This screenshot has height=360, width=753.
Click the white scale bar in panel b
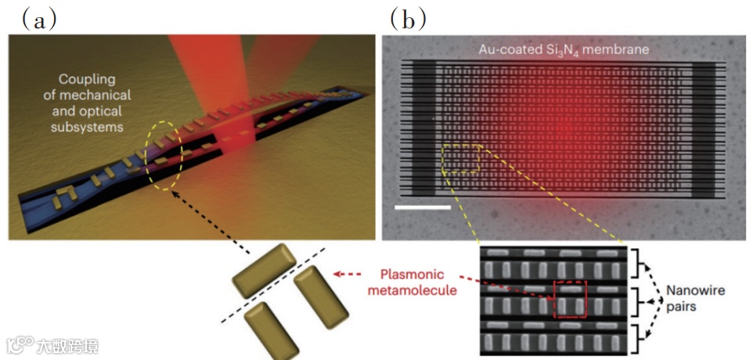423,207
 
